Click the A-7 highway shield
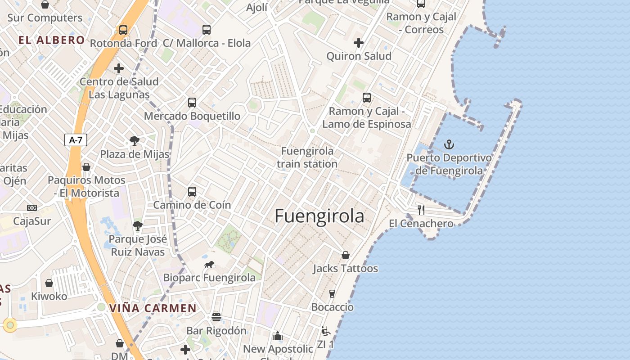point(75,140)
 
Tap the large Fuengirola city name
point(319,216)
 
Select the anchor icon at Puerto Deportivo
point(449,144)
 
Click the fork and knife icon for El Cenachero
point(421,210)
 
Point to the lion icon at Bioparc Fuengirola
point(209,265)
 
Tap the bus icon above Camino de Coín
point(192,192)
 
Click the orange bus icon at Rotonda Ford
point(123,30)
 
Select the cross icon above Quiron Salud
point(359,43)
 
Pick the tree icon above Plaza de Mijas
point(134,141)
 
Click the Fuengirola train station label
point(307,157)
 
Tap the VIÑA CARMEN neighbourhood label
point(153,309)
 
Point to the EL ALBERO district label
point(52,40)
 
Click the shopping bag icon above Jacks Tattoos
point(345,255)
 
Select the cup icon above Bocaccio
point(332,294)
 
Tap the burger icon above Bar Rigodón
point(216,317)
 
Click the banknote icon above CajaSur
point(32,208)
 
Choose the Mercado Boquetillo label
point(192,116)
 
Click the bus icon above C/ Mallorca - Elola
point(206,30)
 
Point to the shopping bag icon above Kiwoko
point(49,283)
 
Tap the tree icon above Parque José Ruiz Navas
point(138,226)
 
